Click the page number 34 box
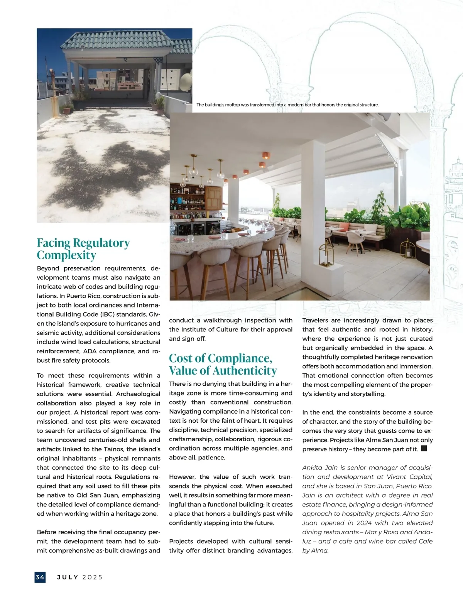[40, 577]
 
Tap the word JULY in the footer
[68, 577]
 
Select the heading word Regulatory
[101, 243]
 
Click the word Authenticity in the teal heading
[245, 371]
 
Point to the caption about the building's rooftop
[287, 105]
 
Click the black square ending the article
[424, 449]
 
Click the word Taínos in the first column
[113, 449]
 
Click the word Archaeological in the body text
[138, 394]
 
